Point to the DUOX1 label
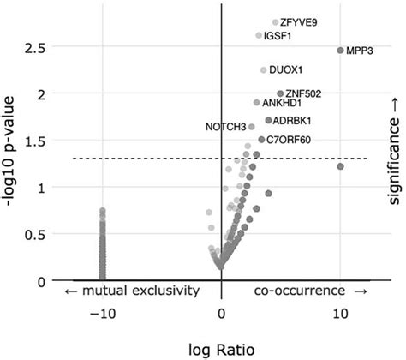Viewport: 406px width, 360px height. [x=286, y=69]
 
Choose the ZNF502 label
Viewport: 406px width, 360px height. [x=304, y=93]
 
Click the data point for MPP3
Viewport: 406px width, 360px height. [x=340, y=51]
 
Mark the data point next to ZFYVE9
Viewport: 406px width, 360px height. [x=275, y=22]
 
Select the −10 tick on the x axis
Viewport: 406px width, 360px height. [x=102, y=314]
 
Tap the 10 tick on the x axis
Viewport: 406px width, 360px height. [x=340, y=314]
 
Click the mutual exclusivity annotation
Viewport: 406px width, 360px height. [x=132, y=291]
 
